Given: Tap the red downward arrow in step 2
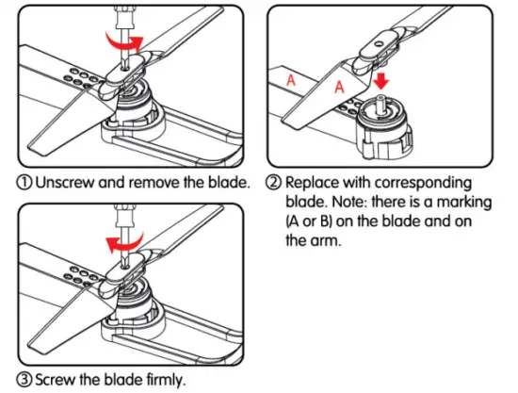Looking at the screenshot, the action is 381,81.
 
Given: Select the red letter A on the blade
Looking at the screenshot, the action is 339,87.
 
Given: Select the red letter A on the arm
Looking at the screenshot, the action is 291,80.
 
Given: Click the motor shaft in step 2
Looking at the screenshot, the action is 380,103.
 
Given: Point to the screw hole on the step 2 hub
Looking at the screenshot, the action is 380,43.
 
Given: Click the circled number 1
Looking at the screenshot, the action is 24,182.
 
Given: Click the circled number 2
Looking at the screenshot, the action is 274,182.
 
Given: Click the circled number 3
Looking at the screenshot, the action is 24,380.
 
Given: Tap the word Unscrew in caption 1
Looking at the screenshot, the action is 65,182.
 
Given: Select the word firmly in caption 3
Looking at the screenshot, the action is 164,380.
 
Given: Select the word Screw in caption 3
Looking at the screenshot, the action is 56,380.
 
